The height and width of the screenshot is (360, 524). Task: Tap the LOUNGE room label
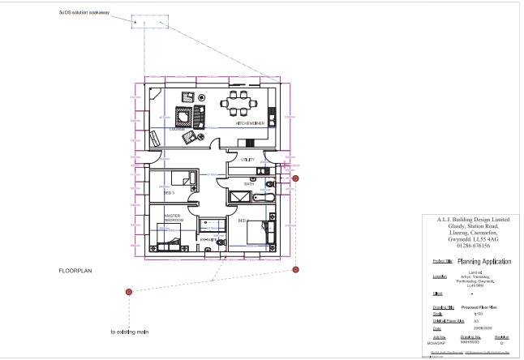178,129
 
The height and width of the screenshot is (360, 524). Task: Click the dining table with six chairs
239,103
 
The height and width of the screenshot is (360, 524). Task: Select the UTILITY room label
247,160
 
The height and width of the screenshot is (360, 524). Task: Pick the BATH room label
250,184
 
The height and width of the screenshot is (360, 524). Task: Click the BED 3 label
169,194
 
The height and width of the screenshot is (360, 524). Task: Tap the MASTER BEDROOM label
174,217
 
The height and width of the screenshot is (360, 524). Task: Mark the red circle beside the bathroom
296,178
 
